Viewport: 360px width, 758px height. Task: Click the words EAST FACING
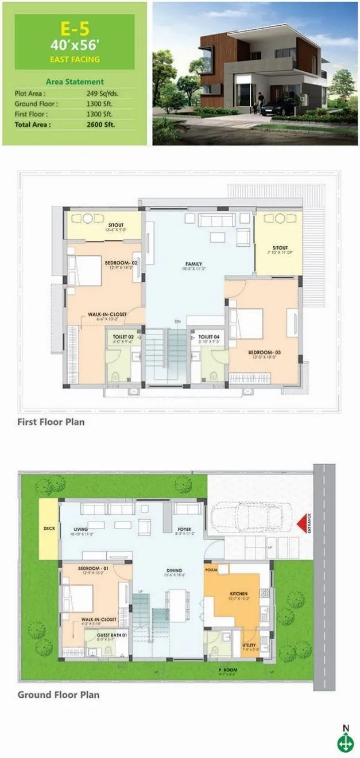pos(75,59)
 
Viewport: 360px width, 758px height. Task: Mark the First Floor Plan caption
pos(51,422)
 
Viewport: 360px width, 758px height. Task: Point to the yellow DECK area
pos(49,528)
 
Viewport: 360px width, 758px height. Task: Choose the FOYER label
pos(184,529)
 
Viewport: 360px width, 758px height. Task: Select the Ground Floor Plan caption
pos(58,694)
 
